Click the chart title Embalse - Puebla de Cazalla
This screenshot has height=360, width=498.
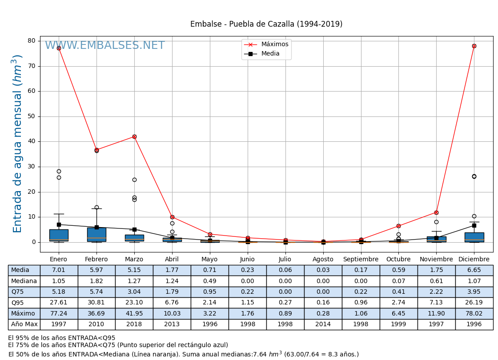(266, 24)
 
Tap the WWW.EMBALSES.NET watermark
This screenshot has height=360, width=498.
(105, 46)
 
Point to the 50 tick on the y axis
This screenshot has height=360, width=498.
(32, 116)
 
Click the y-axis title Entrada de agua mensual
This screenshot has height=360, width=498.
(17, 144)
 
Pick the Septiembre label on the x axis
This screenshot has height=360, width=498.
(361, 260)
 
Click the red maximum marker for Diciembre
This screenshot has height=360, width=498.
(474, 46)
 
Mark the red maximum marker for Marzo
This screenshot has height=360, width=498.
(134, 136)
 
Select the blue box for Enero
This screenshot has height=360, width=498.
(59, 235)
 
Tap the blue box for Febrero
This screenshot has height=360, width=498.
(96, 234)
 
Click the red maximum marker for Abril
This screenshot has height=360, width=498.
(172, 217)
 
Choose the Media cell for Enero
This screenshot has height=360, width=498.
(59, 270)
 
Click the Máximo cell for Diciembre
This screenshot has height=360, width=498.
(474, 314)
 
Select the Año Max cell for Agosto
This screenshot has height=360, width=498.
(323, 324)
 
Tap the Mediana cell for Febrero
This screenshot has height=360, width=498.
(96, 281)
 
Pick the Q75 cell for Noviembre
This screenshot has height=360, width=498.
(436, 292)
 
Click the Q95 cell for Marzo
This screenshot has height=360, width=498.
(134, 303)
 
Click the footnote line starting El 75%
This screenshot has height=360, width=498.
(118, 345)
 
